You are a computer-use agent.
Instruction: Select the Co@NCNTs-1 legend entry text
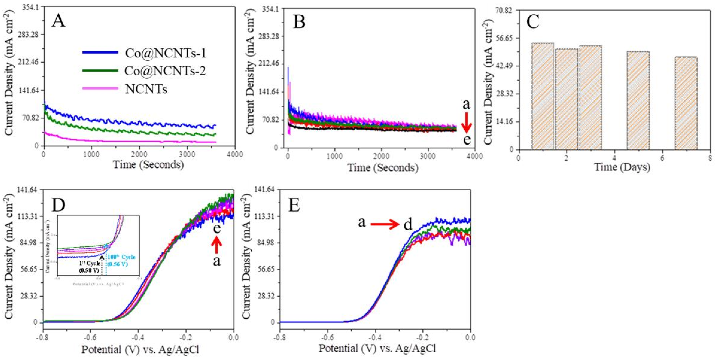point(165,53)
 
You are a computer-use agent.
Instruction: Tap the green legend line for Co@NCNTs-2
point(100,71)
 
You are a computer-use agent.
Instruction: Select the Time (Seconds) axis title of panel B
point(382,168)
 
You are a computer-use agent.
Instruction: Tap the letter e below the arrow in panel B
point(467,139)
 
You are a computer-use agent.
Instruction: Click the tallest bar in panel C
point(542,96)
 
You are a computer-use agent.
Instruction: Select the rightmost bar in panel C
point(686,103)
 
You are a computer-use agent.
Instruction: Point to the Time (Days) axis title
point(622,167)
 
